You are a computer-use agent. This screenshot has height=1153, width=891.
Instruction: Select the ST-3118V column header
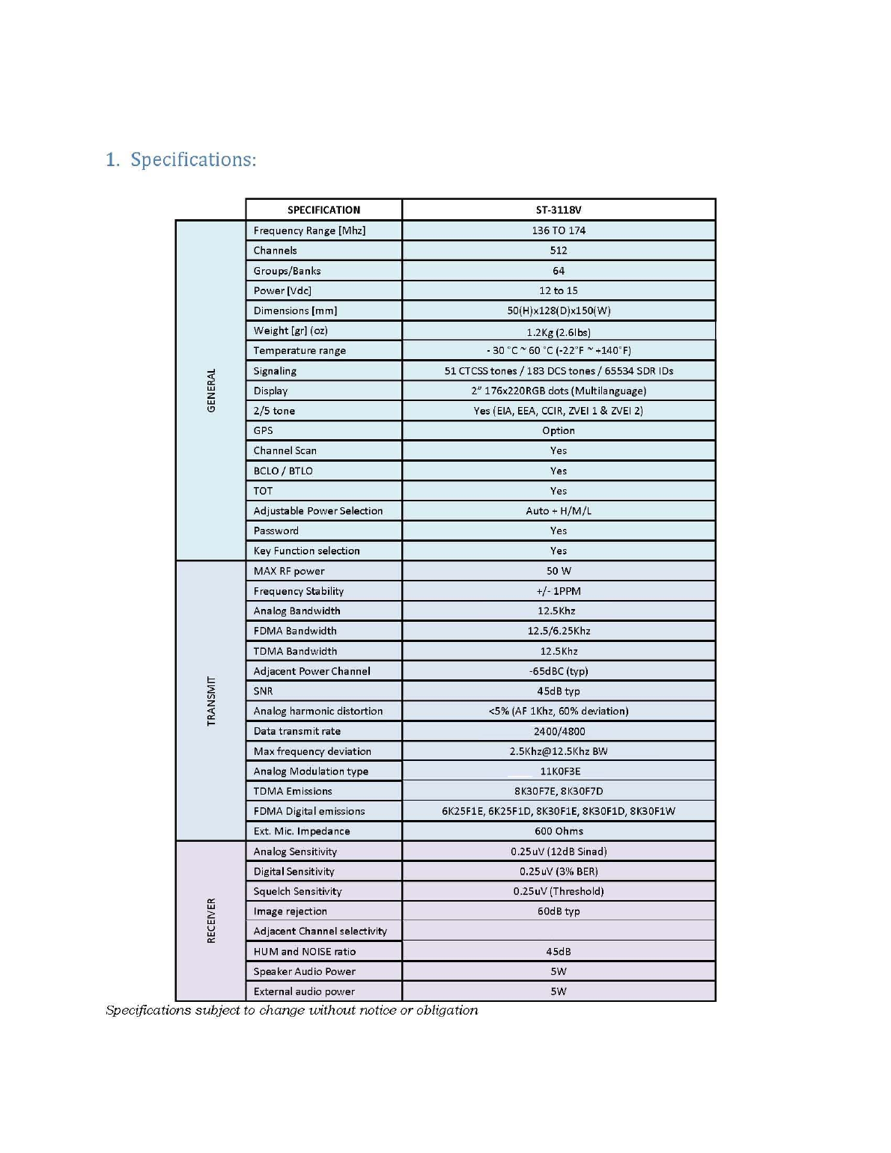pos(558,210)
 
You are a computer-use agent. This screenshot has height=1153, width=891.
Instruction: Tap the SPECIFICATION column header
pos(323,210)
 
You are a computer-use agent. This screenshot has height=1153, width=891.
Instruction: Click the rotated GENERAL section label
pos(211,390)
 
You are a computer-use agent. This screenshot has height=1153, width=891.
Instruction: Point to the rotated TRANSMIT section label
pos(211,701)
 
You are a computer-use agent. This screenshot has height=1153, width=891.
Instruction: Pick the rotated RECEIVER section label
pos(211,920)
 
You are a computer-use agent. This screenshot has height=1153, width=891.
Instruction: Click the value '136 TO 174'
pos(558,230)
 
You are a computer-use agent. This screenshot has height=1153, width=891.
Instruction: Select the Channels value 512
pos(558,251)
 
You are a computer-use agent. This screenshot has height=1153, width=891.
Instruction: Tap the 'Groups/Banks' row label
pos(287,271)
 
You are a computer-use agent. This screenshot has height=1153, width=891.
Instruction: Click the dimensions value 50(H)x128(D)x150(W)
pos(558,311)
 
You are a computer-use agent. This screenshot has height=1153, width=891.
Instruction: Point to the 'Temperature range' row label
pos(299,351)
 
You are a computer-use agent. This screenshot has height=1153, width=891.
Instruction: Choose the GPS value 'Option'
pos(558,431)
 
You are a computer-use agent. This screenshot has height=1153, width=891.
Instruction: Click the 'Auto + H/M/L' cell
pos(558,511)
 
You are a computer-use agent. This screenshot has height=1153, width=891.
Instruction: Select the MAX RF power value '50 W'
pos(558,571)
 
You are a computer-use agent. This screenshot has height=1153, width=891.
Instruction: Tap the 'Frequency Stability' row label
pos(298,591)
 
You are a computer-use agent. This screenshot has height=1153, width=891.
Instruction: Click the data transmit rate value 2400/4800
pos(559,731)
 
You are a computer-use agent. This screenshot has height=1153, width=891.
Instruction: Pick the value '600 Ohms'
pos(558,831)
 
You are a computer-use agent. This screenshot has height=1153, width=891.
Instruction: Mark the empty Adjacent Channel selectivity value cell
pos(558,931)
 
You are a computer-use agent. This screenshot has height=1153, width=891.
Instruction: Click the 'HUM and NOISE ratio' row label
pos(304,952)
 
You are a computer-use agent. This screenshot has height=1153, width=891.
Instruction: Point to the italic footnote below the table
pos(291,1010)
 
